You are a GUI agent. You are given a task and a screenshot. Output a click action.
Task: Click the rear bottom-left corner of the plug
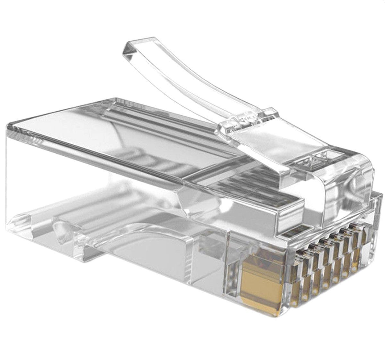pos(11,221)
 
